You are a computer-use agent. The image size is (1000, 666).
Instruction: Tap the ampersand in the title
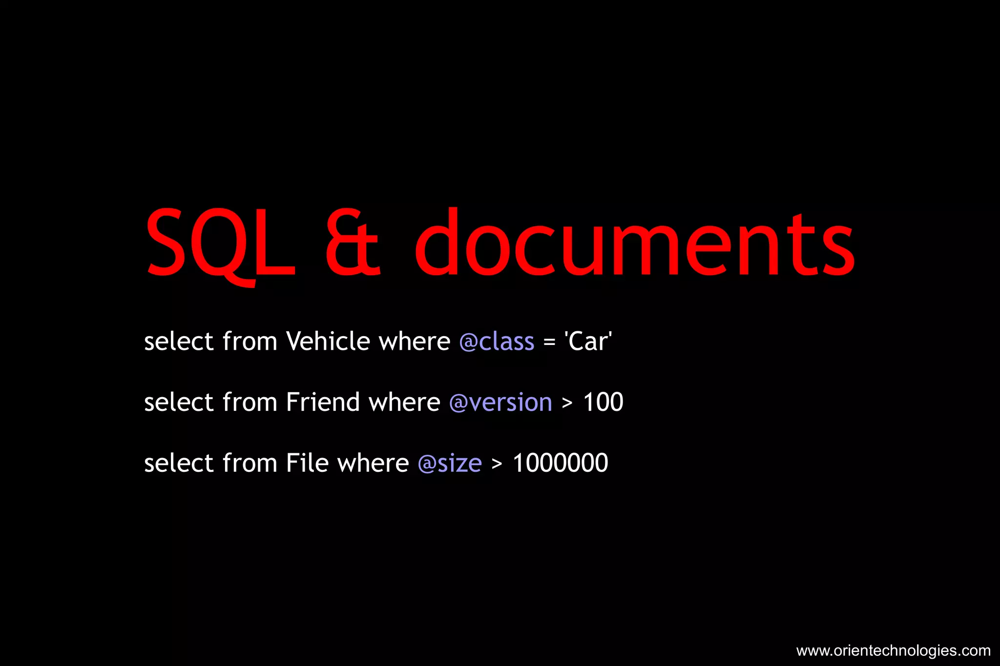pyautogui.click(x=353, y=243)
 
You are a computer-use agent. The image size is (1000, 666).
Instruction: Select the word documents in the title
pyautogui.click(x=635, y=243)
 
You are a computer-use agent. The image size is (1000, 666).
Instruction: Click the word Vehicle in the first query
pyautogui.click(x=328, y=341)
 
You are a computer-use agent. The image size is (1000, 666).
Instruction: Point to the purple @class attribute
pyautogui.click(x=497, y=342)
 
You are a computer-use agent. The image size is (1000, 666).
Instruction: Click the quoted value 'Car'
pyautogui.click(x=588, y=341)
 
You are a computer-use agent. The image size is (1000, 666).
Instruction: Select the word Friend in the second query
pyautogui.click(x=323, y=402)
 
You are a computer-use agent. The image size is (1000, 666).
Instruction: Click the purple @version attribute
pyautogui.click(x=500, y=403)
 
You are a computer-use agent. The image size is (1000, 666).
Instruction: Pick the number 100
pyautogui.click(x=603, y=402)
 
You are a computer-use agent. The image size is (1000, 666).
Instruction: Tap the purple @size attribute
pyautogui.click(x=450, y=464)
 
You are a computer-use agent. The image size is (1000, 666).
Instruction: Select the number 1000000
pyautogui.click(x=560, y=463)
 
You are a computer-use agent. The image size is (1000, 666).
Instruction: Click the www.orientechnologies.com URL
pyautogui.click(x=893, y=650)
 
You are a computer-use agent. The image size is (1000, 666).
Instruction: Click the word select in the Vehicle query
pyautogui.click(x=179, y=341)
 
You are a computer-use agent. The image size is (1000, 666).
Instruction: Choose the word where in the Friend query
pyautogui.click(x=404, y=402)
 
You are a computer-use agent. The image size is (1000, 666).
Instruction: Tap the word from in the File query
pyautogui.click(x=250, y=463)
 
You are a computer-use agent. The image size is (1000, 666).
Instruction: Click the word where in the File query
pyautogui.click(x=373, y=463)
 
